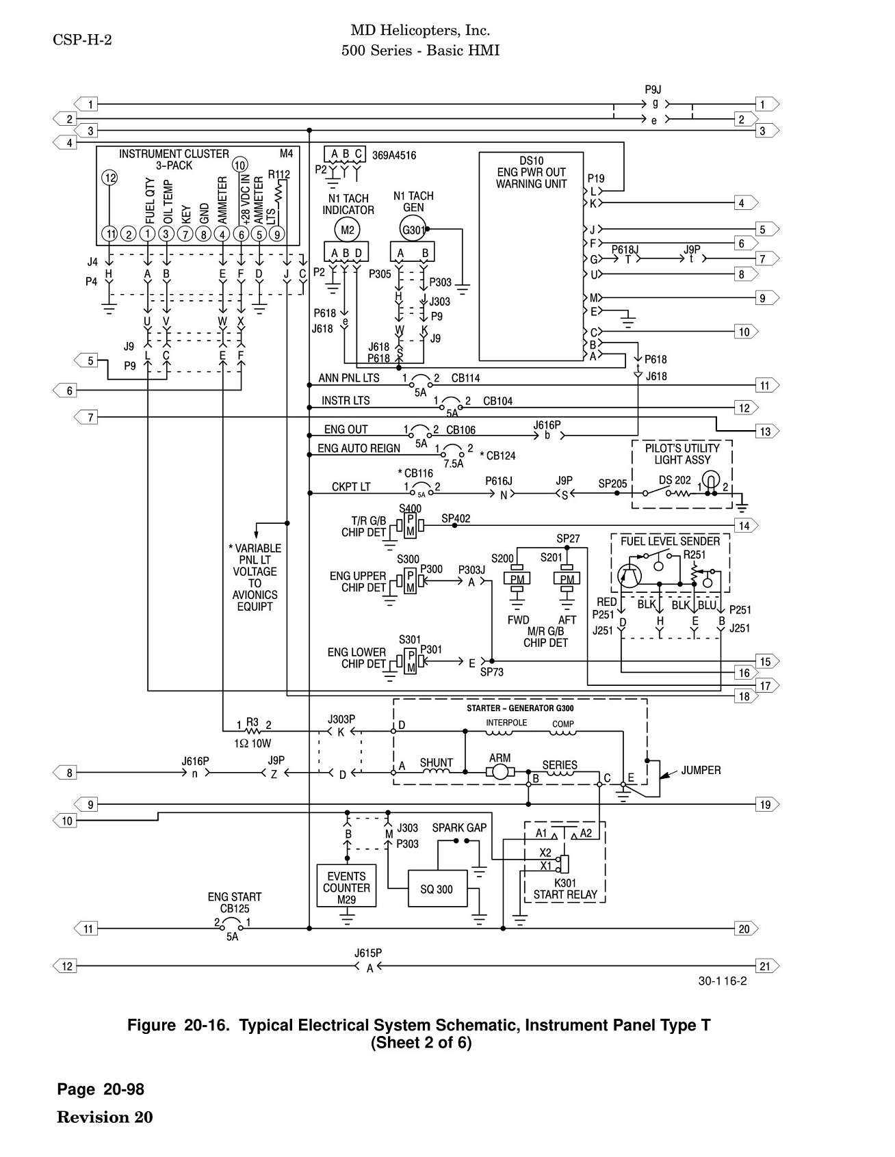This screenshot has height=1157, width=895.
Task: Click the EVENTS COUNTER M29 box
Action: [347, 887]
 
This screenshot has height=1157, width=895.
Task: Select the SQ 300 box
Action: [437, 888]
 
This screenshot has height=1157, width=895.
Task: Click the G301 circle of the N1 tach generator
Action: [413, 230]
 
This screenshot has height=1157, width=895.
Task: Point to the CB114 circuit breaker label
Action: [465, 378]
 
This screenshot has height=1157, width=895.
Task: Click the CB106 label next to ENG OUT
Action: [461, 430]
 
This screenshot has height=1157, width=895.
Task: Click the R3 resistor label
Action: [252, 722]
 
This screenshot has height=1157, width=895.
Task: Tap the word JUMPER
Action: [701, 770]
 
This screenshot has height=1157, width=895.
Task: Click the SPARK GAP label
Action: [459, 827]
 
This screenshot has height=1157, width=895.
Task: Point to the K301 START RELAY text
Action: [565, 888]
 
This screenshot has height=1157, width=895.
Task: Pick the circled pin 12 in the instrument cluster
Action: [110, 178]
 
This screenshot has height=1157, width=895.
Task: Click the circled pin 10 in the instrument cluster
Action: [239, 164]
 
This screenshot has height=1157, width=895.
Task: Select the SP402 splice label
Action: [456, 518]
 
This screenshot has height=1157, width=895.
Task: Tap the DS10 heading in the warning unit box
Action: [531, 161]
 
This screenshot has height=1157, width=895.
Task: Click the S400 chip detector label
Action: [411, 508]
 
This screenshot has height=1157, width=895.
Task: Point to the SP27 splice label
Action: [568, 539]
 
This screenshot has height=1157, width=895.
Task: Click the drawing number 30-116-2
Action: [723, 981]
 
